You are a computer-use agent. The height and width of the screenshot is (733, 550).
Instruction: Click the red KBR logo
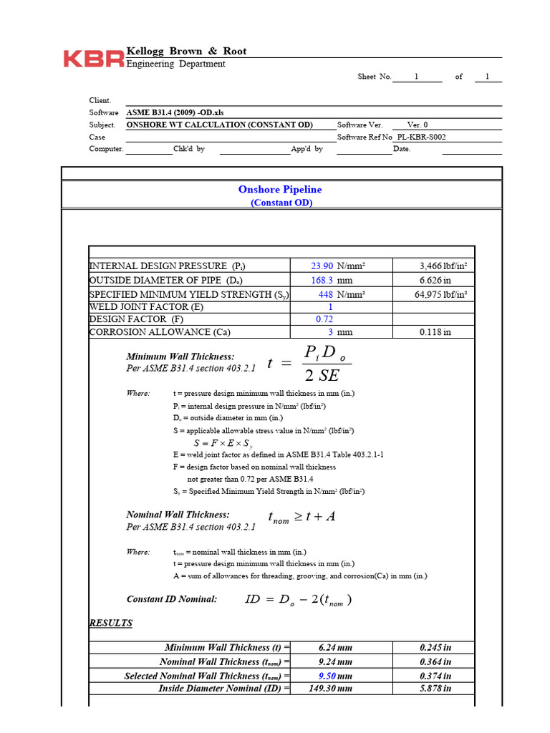[x=93, y=59]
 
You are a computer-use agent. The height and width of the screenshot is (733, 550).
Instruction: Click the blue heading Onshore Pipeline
[x=280, y=190]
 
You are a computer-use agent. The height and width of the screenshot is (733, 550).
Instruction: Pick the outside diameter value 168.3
[x=321, y=281]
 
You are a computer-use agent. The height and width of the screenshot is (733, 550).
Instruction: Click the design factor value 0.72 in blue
[x=324, y=319]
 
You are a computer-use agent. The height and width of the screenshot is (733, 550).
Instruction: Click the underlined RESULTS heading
[x=110, y=623]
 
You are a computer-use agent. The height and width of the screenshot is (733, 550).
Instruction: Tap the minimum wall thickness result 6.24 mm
[x=335, y=648]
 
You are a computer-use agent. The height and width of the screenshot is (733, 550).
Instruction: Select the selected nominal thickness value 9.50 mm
[x=335, y=676]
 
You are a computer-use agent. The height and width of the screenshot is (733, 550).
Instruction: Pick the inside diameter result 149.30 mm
[x=335, y=689]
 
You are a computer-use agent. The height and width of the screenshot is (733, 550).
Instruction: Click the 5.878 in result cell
[x=435, y=689]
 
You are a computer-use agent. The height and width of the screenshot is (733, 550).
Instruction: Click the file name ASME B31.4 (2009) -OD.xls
[x=180, y=112]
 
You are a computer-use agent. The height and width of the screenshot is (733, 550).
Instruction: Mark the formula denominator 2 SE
[x=321, y=376]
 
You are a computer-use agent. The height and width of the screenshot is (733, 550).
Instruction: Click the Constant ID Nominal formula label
[x=172, y=599]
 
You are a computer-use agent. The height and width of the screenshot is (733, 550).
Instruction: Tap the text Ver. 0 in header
[x=418, y=125]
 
